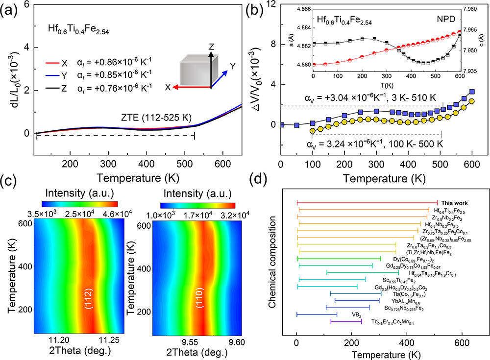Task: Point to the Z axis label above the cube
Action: click(x=211, y=47)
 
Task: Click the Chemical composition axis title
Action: click(x=272, y=257)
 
